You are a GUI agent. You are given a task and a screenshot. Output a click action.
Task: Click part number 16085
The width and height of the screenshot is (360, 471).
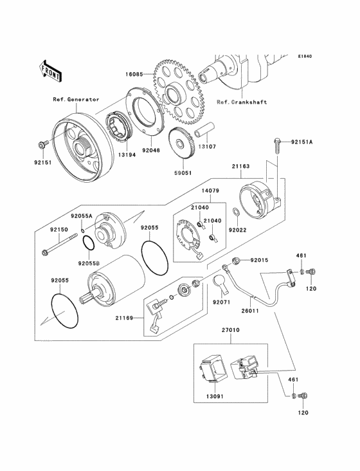[134, 74]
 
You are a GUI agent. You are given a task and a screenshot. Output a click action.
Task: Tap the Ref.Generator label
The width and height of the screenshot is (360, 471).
[76, 100]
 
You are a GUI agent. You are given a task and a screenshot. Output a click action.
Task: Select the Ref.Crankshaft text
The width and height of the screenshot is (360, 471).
[242, 102]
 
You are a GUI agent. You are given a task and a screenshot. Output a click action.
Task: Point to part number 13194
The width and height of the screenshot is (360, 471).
[127, 155]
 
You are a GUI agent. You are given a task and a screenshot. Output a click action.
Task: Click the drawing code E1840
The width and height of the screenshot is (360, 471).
[305, 56]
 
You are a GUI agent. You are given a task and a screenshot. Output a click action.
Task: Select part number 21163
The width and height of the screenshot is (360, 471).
[240, 166]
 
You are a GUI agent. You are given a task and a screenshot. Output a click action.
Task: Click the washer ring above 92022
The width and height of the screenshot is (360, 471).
[236, 212]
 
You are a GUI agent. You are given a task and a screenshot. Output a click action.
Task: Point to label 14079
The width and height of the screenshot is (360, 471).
[210, 190]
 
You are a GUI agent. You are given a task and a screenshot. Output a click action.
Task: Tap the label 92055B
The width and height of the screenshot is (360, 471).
[89, 263]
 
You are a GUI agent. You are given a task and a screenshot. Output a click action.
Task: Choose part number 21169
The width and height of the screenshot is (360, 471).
[124, 318]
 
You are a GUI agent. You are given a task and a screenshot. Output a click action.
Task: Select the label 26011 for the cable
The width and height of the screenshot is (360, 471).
[249, 311]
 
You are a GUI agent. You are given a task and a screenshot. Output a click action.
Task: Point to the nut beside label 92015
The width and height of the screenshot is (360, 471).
[236, 261]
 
